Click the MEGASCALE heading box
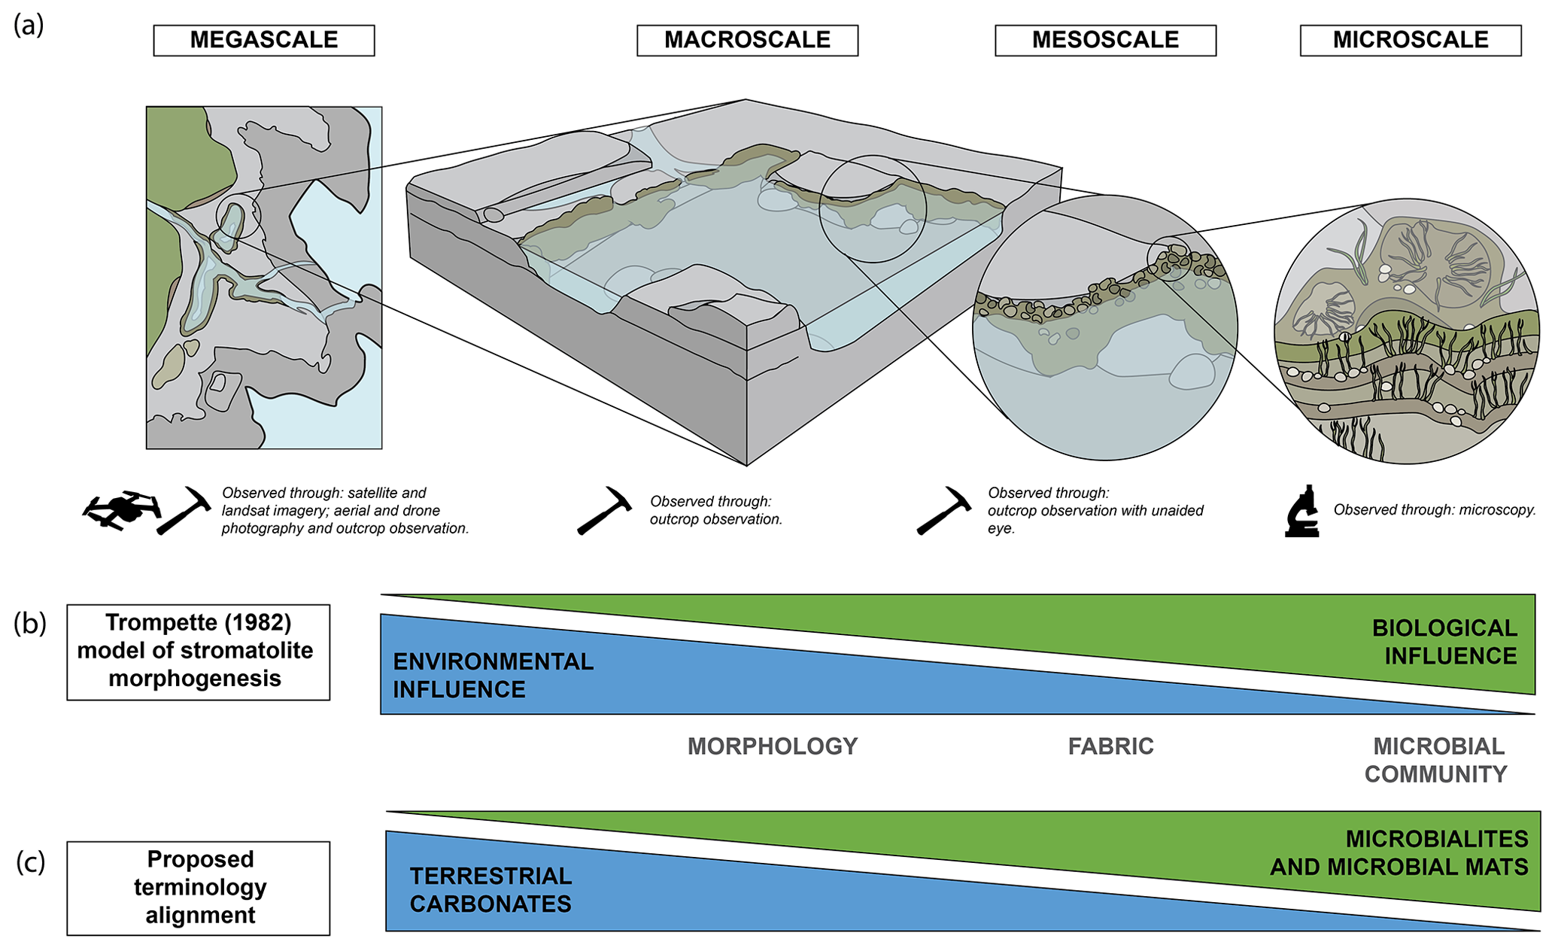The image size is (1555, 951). (x=264, y=41)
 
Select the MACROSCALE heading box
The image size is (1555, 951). (x=747, y=41)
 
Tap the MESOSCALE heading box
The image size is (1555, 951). (x=1105, y=41)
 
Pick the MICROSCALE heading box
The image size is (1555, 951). (x=1411, y=41)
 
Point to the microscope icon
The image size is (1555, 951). (x=1302, y=511)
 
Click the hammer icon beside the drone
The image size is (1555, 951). (x=184, y=511)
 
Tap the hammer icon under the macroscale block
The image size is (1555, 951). (x=605, y=511)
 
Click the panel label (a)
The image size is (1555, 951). (x=29, y=26)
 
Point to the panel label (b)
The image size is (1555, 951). (x=30, y=624)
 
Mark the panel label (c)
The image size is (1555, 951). (x=30, y=862)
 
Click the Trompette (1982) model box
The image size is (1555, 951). (x=198, y=652)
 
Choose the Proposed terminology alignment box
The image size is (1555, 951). (x=198, y=888)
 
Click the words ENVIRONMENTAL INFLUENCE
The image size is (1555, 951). (x=493, y=676)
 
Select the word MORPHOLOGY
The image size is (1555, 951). (x=773, y=746)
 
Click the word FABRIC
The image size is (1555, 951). (x=1110, y=746)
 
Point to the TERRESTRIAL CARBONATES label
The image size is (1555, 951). (x=490, y=890)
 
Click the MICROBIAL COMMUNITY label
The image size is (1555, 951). (x=1437, y=760)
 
